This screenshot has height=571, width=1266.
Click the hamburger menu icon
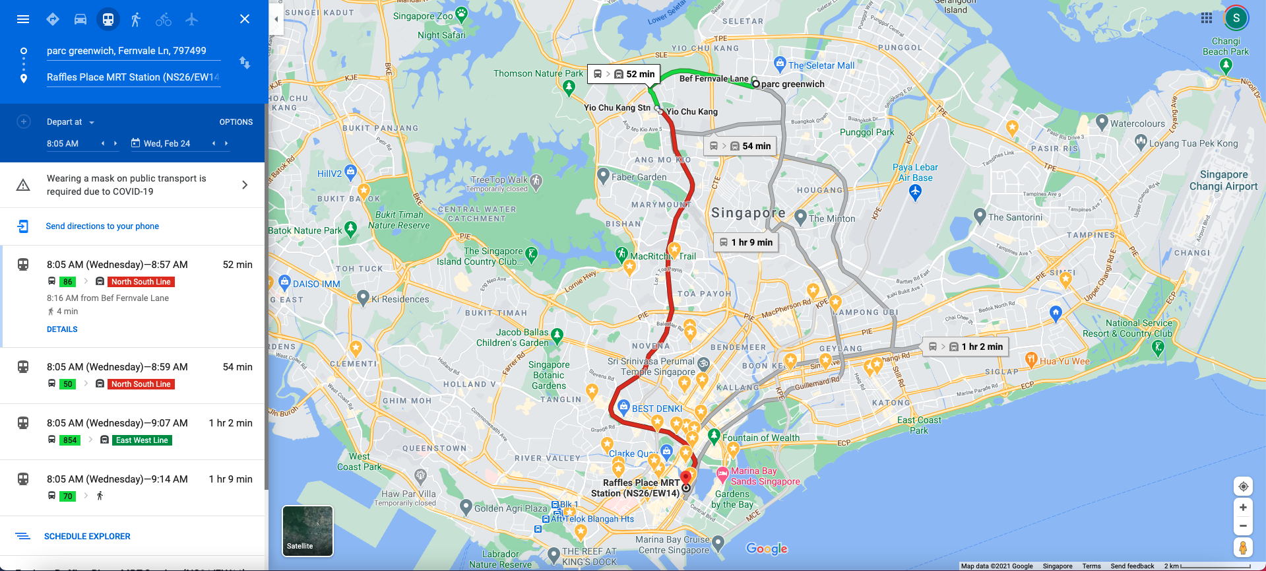tap(23, 19)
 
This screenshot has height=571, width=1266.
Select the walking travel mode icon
tap(136, 19)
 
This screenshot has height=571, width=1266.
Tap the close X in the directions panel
tap(245, 19)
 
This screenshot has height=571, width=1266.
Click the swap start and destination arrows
tap(245, 63)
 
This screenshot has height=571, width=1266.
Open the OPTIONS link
tap(236, 122)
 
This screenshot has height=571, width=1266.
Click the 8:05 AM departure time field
tap(63, 143)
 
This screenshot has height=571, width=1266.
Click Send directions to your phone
tap(102, 226)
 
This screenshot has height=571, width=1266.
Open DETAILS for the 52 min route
tap(62, 329)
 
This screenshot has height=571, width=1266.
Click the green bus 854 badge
tap(70, 440)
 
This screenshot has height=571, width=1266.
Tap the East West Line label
tap(142, 440)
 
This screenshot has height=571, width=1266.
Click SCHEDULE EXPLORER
tap(87, 537)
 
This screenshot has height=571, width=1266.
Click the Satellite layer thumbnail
tap(307, 531)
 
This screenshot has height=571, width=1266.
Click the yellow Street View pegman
tap(1243, 548)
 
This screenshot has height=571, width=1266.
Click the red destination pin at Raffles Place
tap(686, 477)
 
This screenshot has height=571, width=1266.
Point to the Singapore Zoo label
tap(424, 16)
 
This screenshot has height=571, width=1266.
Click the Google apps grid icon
tap(1207, 18)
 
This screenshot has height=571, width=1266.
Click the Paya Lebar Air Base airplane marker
tap(915, 192)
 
